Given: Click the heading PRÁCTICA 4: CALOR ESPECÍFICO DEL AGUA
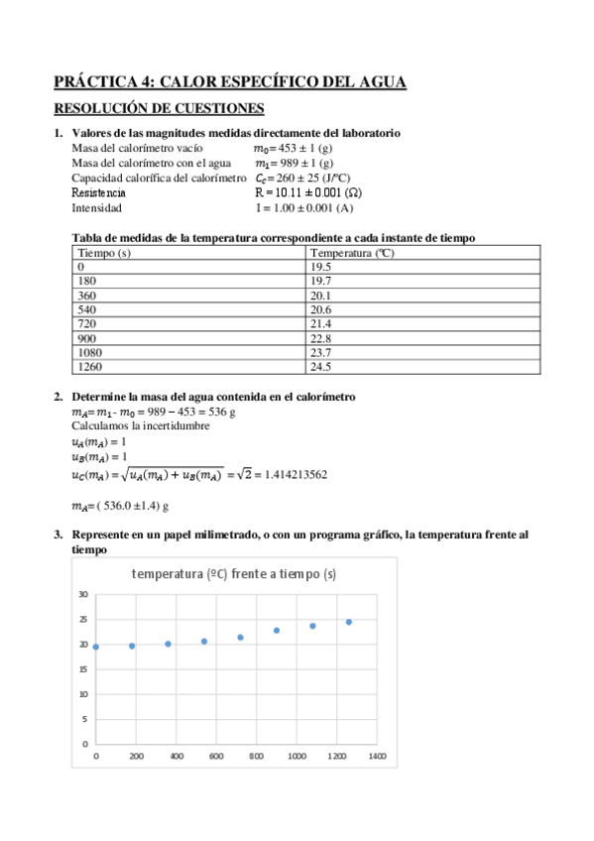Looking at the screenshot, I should click(x=229, y=82).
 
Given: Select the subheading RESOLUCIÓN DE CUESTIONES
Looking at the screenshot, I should click(x=159, y=108).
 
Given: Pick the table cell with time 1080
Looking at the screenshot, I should click(x=90, y=352).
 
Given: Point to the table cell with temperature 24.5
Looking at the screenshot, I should click(x=321, y=366).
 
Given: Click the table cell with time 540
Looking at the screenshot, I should click(x=86, y=309).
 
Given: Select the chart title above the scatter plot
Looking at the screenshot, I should click(x=233, y=574).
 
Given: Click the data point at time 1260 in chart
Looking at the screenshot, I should click(x=349, y=622).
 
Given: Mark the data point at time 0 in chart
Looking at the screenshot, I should click(x=96, y=647).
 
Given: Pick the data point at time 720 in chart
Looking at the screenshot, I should click(x=240, y=637).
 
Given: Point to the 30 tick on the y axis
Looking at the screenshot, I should click(x=83, y=595).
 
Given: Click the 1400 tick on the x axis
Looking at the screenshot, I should click(x=377, y=758).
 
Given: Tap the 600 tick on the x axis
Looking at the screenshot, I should click(x=216, y=758).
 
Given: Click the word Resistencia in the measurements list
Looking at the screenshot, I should click(x=99, y=192).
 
